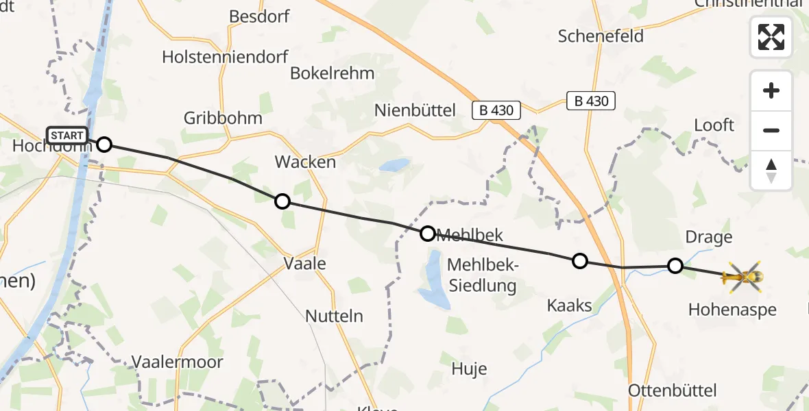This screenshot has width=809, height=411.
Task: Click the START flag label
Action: pyautogui.click(x=67, y=135)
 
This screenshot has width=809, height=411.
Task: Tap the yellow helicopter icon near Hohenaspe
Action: pyautogui.click(x=742, y=277)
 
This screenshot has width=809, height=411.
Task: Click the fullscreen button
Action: pyautogui.click(x=771, y=37)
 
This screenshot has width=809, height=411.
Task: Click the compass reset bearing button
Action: pyautogui.click(x=771, y=171)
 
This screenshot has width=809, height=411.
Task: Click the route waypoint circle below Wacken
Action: pyautogui.click(x=282, y=201)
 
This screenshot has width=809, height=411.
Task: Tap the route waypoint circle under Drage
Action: pyautogui.click(x=675, y=266)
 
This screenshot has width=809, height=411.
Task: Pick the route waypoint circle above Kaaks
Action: pyautogui.click(x=580, y=260)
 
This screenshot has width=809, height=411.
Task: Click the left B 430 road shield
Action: pyautogui.click(x=497, y=110)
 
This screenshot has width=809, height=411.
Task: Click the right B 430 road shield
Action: pyautogui.click(x=591, y=101)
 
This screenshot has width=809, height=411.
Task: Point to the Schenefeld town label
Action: pyautogui.click(x=601, y=36)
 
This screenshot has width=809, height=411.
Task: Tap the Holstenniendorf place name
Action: pyautogui.click(x=225, y=57)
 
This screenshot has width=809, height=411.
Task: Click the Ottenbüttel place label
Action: pyautogui.click(x=673, y=390)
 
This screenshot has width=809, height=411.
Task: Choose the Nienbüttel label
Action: pyautogui.click(x=415, y=110)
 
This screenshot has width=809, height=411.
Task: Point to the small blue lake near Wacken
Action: pyautogui.click(x=394, y=165)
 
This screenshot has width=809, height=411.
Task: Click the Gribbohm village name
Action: pyautogui.click(x=223, y=118)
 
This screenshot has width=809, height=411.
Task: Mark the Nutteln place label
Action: pyautogui.click(x=335, y=316)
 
